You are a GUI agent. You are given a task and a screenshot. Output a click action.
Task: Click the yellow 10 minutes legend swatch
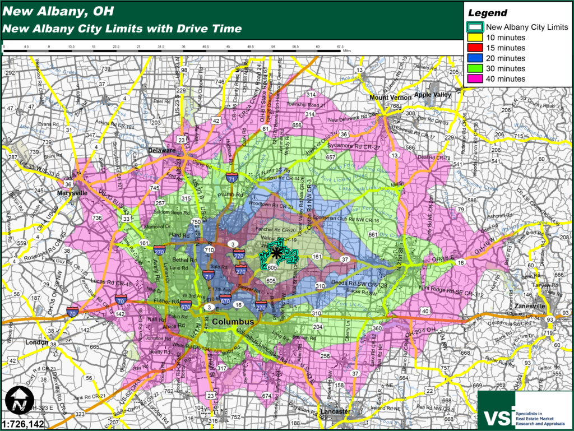(x=476, y=38)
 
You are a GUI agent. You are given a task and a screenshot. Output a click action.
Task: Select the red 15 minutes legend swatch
(x=476, y=48)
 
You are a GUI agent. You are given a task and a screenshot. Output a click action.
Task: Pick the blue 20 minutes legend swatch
(x=476, y=58)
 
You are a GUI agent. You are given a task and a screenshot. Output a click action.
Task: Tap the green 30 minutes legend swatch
(x=476, y=68)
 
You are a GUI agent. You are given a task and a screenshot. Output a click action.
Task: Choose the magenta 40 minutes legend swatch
(x=476, y=79)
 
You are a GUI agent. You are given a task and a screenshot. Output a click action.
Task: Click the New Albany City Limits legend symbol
(x=476, y=27)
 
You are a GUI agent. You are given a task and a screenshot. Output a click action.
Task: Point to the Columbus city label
(x=233, y=322)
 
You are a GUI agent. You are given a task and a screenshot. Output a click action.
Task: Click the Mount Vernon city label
(x=387, y=97)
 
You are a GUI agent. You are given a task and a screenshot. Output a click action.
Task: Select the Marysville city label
(x=72, y=193)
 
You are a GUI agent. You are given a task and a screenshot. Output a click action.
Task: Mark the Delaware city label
(x=162, y=151)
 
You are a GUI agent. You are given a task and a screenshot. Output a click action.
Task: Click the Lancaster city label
(x=335, y=411)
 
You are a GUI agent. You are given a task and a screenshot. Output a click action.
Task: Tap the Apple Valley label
(x=432, y=95)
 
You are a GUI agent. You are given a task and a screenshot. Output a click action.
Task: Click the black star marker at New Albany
(x=276, y=253)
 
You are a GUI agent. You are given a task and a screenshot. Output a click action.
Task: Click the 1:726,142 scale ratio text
(x=24, y=424)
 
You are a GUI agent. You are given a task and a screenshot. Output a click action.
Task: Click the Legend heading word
(x=487, y=13)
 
